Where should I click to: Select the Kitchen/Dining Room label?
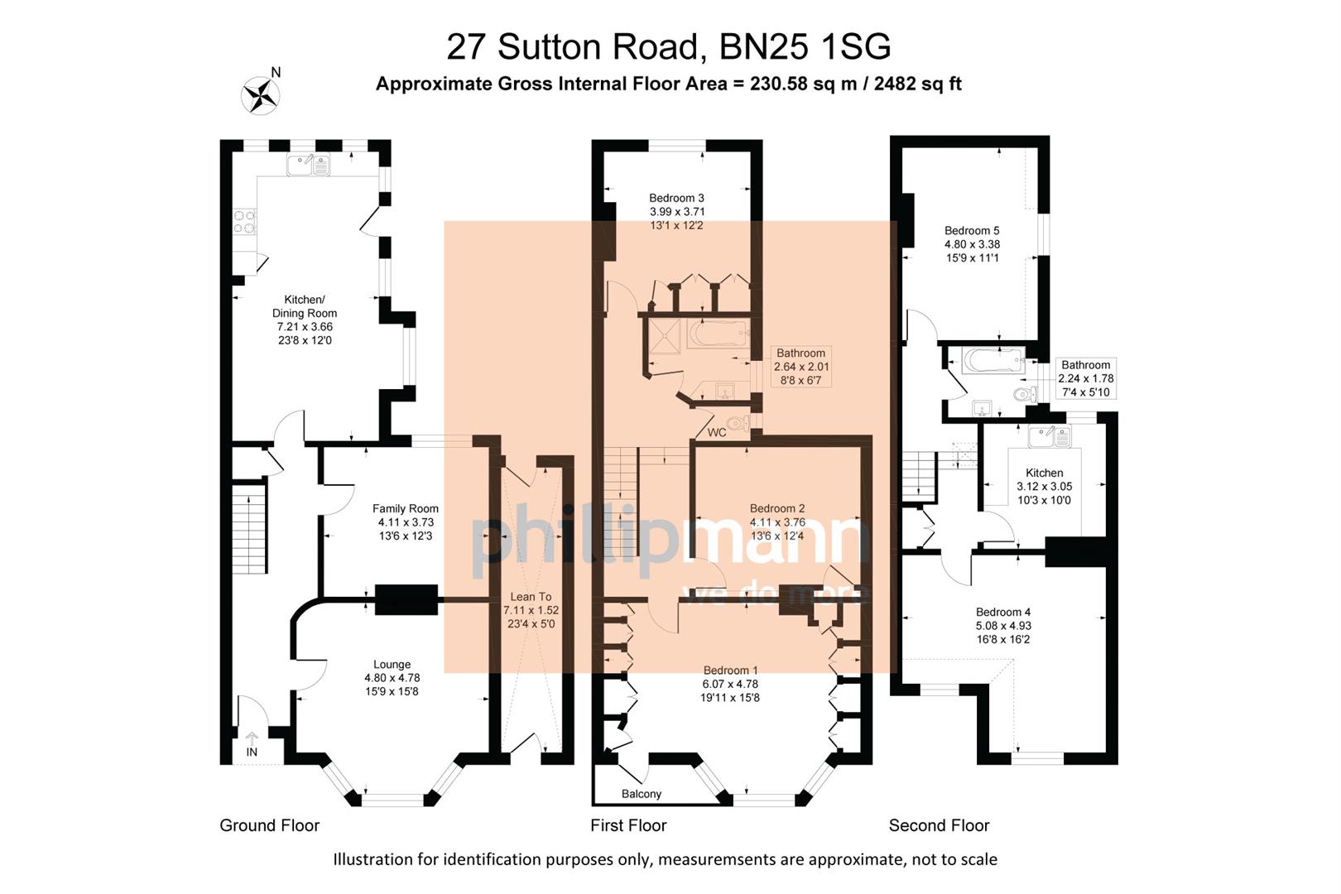coord(305,306)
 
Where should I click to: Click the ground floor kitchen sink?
coord(308,165)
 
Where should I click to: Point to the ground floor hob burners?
coord(245,221)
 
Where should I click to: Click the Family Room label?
coord(406,509)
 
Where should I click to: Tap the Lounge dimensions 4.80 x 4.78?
coord(392,678)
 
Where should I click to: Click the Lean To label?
coord(531,597)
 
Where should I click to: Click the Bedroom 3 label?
coord(676,198)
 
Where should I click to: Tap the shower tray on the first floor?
coord(663,335)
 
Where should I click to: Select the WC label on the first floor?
coord(717,433)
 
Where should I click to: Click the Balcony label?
coord(642,794)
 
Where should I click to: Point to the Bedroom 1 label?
coord(730,670)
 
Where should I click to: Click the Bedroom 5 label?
coord(972,231)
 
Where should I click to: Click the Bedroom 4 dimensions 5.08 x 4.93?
coord(1003,626)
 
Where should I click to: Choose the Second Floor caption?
coord(939,825)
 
